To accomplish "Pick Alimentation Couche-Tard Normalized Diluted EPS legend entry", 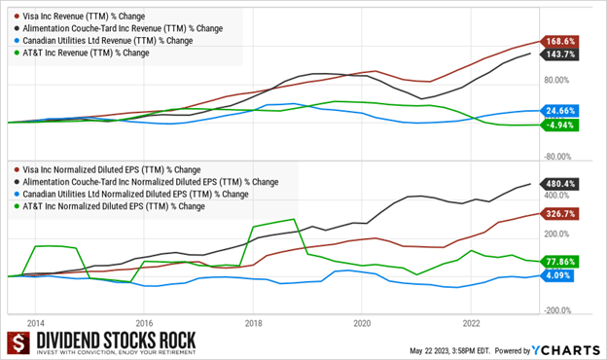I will [x=146, y=181].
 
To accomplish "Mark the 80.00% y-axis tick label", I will [x=565, y=85].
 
